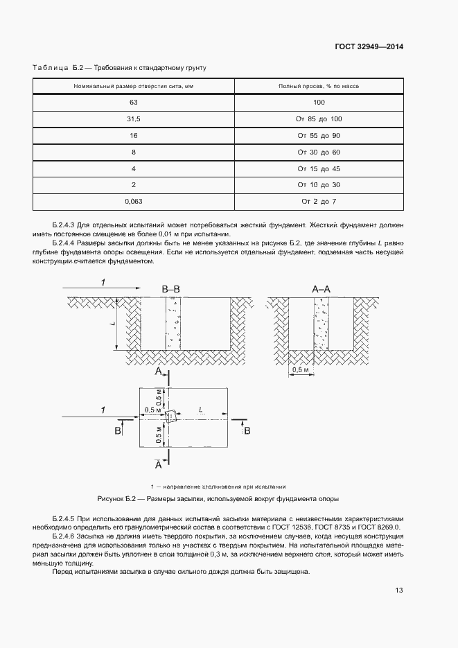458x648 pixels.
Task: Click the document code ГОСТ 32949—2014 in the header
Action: (368, 47)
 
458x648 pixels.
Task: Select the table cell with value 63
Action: (134, 102)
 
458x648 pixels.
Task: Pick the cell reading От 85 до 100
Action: (319, 119)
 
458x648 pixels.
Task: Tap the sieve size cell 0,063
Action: (134, 201)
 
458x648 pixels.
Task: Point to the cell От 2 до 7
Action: (319, 201)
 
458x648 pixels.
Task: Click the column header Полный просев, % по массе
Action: (319, 86)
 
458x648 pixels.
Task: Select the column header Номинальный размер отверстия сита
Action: (134, 86)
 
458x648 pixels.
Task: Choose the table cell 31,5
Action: (134, 119)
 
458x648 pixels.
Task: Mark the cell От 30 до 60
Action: (319, 152)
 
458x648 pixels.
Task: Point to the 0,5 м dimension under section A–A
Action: (301, 371)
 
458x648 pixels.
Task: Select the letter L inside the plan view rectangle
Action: (200, 410)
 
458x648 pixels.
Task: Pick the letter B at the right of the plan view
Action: (247, 431)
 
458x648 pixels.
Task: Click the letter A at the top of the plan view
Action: (158, 372)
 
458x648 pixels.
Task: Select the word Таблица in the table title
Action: (49, 67)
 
